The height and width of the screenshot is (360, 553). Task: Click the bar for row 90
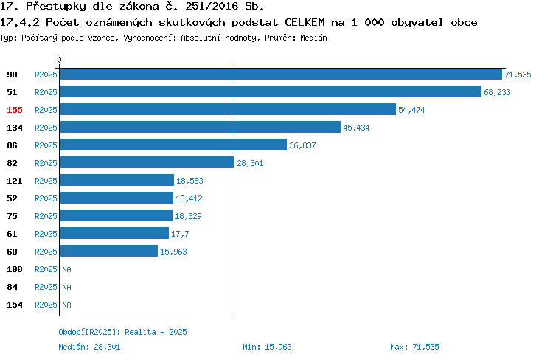(281, 74)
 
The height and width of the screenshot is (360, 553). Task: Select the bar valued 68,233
(271, 91)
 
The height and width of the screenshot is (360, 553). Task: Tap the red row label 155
(15, 110)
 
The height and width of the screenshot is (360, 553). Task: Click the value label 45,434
(356, 128)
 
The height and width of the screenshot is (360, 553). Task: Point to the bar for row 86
(173, 145)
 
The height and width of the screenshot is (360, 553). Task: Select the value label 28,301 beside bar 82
(250, 163)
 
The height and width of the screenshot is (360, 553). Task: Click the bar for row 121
(117, 180)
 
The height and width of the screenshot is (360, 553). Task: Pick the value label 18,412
(189, 198)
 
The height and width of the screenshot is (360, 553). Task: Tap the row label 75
(12, 216)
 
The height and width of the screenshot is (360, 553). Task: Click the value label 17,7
(180, 234)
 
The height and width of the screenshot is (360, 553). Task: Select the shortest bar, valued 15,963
(109, 251)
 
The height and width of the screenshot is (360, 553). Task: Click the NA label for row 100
(66, 269)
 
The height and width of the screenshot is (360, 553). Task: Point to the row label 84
(12, 287)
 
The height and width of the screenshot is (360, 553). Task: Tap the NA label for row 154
(66, 305)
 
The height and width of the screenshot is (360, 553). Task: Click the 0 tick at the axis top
(59, 60)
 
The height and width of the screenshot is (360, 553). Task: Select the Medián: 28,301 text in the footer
(89, 347)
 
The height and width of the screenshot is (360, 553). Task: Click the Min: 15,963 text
(268, 347)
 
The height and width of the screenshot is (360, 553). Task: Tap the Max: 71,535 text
(414, 347)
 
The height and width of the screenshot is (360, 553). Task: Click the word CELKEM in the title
(305, 22)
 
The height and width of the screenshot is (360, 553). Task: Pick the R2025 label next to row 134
(46, 128)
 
